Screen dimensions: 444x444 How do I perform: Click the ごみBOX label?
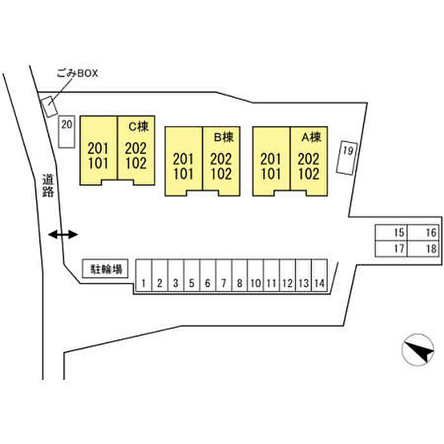(77, 74)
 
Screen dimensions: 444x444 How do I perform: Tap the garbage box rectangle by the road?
(49, 106)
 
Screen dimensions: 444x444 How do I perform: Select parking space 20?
(67, 132)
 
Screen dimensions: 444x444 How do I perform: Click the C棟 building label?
(138, 126)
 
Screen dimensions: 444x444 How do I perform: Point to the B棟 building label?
(224, 137)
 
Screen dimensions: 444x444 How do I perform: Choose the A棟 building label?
(311, 137)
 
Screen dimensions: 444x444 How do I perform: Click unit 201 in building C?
(98, 148)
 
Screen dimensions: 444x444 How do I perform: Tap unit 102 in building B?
(221, 174)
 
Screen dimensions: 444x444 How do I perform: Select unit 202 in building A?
(308, 159)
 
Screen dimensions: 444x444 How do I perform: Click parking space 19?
(347, 157)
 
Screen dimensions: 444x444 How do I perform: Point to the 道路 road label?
(48, 185)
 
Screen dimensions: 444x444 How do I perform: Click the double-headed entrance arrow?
(63, 235)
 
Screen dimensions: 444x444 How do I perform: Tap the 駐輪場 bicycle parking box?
(105, 268)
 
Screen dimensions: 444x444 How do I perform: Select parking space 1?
(144, 275)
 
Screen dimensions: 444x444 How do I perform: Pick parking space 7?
(224, 275)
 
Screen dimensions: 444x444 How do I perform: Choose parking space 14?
(320, 275)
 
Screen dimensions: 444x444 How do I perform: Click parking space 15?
(391, 233)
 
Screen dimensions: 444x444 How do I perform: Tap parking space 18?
(423, 249)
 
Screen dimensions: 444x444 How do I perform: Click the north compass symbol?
(418, 350)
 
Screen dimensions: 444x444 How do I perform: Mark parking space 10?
(256, 275)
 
